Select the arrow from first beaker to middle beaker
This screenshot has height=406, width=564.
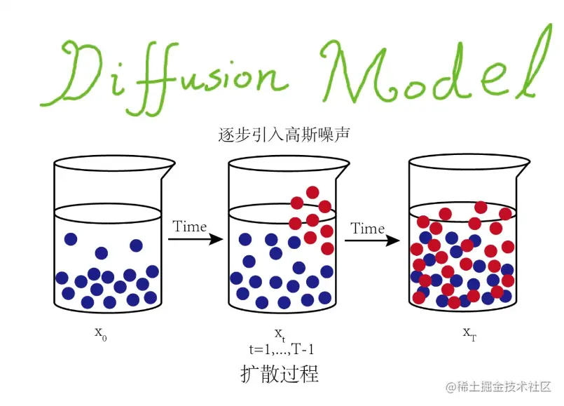195,240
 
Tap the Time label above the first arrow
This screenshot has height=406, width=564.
189,226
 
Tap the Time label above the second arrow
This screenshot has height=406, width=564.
368,229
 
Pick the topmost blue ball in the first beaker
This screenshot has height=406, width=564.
70,239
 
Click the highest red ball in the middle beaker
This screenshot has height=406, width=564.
312,192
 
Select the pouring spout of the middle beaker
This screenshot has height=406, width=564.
343,166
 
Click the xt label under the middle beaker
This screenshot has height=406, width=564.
279,332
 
